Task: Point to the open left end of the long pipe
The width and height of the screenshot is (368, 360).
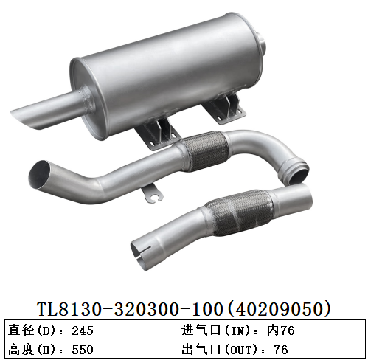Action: coord(41,175)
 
